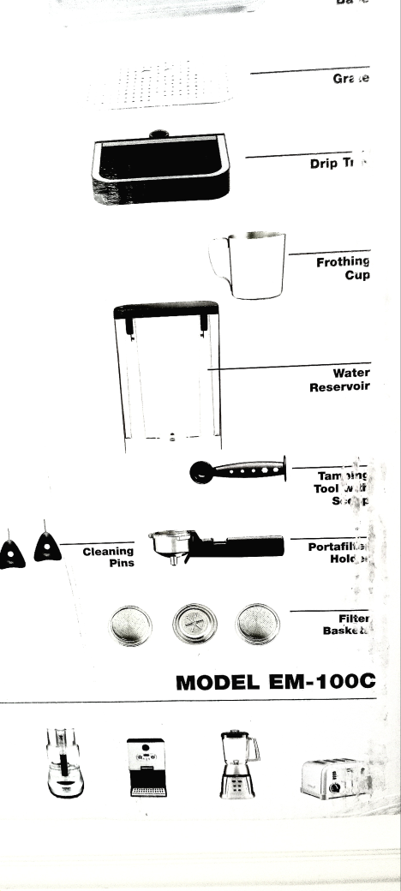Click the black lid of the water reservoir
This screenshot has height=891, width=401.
coord(165,310)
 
